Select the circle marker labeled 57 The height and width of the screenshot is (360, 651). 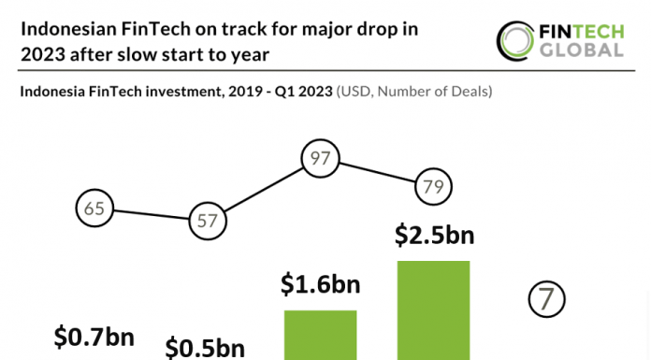[x=207, y=222]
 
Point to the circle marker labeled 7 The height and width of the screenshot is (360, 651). [x=547, y=299]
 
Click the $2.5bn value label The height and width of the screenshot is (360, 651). [x=433, y=235]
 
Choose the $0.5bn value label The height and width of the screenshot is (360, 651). [x=206, y=347]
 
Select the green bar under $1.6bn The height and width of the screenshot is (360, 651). [x=320, y=335]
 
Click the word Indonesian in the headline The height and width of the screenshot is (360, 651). [x=66, y=29]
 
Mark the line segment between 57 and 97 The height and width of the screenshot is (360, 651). [x=263, y=191]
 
